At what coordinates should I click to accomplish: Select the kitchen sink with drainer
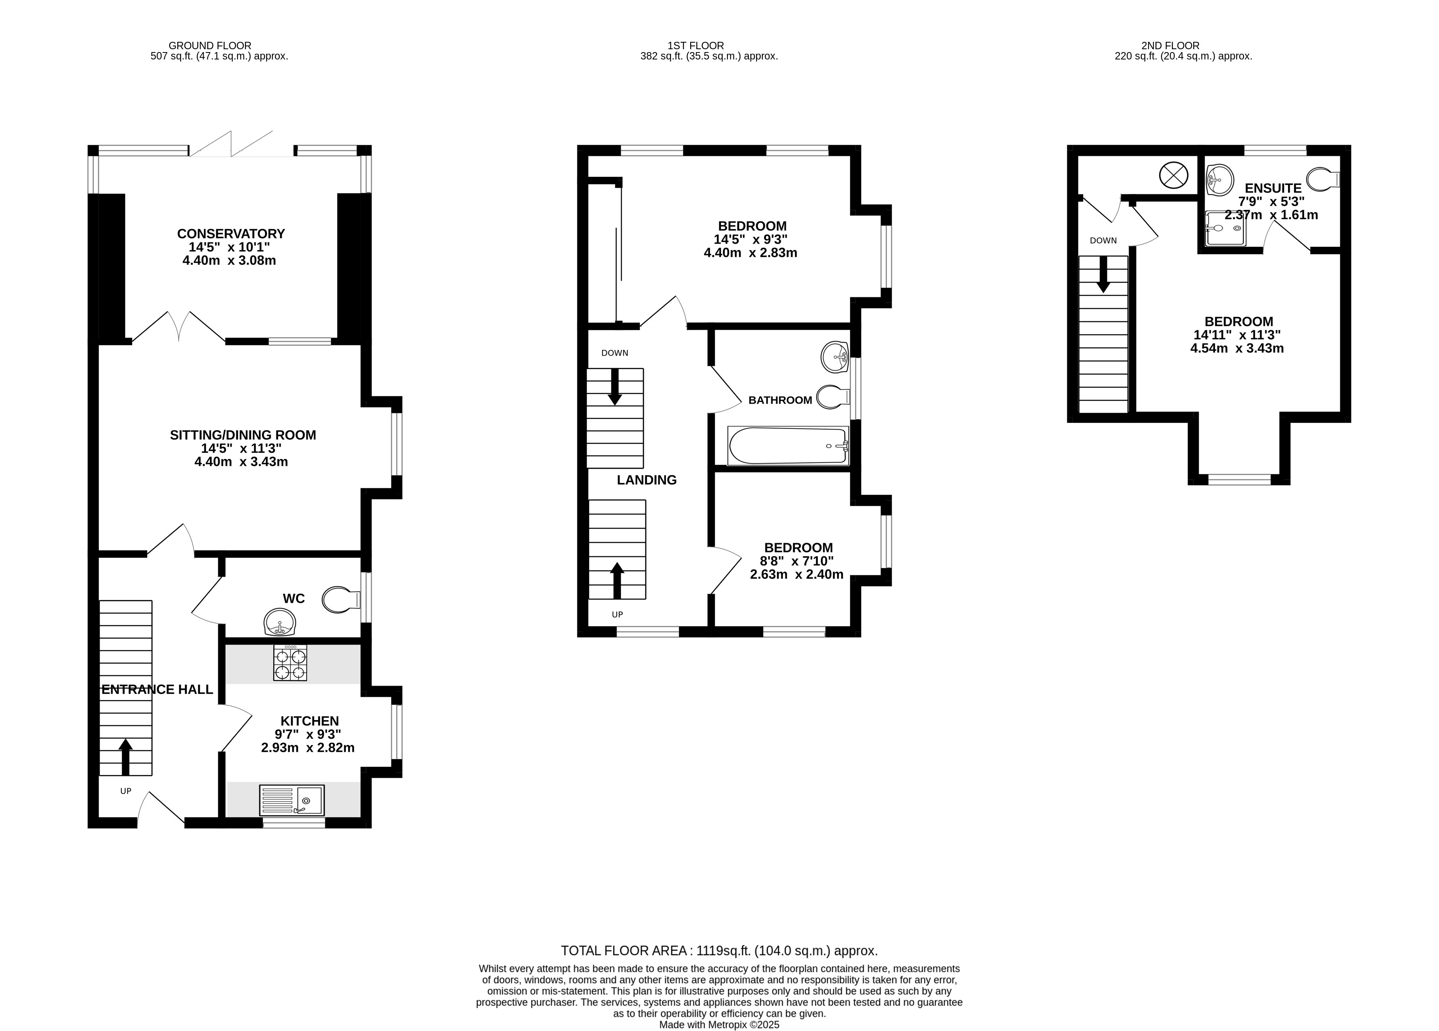(292, 800)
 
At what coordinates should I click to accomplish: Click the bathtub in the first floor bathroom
(788, 446)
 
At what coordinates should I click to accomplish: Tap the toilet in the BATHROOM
(833, 397)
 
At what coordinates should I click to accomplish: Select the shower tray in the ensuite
(1224, 228)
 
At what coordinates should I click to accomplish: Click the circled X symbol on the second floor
(1173, 175)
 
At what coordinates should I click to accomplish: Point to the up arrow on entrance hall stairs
(126, 757)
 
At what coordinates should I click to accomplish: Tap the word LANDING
(647, 480)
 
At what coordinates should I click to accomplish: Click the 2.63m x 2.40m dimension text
(796, 575)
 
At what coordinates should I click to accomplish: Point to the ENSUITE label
(1273, 188)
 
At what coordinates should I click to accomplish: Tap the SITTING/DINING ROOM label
(243, 435)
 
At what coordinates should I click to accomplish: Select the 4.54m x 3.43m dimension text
(1237, 348)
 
